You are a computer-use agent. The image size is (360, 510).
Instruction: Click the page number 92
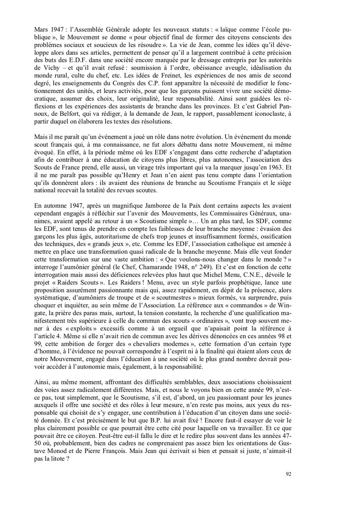click(x=288, y=474)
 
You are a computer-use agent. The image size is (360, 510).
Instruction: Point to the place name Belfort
click(x=66, y=113)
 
